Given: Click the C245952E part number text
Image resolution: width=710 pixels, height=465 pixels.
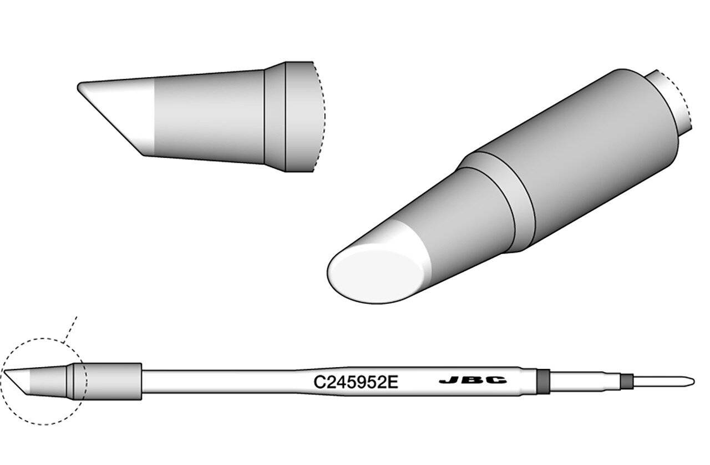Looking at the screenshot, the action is click(356, 382).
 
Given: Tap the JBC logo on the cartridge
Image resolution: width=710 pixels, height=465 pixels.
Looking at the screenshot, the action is click(473, 380).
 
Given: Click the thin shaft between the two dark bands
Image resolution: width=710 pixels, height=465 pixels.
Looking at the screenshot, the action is click(585, 381).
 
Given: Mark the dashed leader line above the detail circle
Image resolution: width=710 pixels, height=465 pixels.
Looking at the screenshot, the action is click(70, 329).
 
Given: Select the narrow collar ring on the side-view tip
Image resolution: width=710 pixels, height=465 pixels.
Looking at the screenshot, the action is click(275, 117).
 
